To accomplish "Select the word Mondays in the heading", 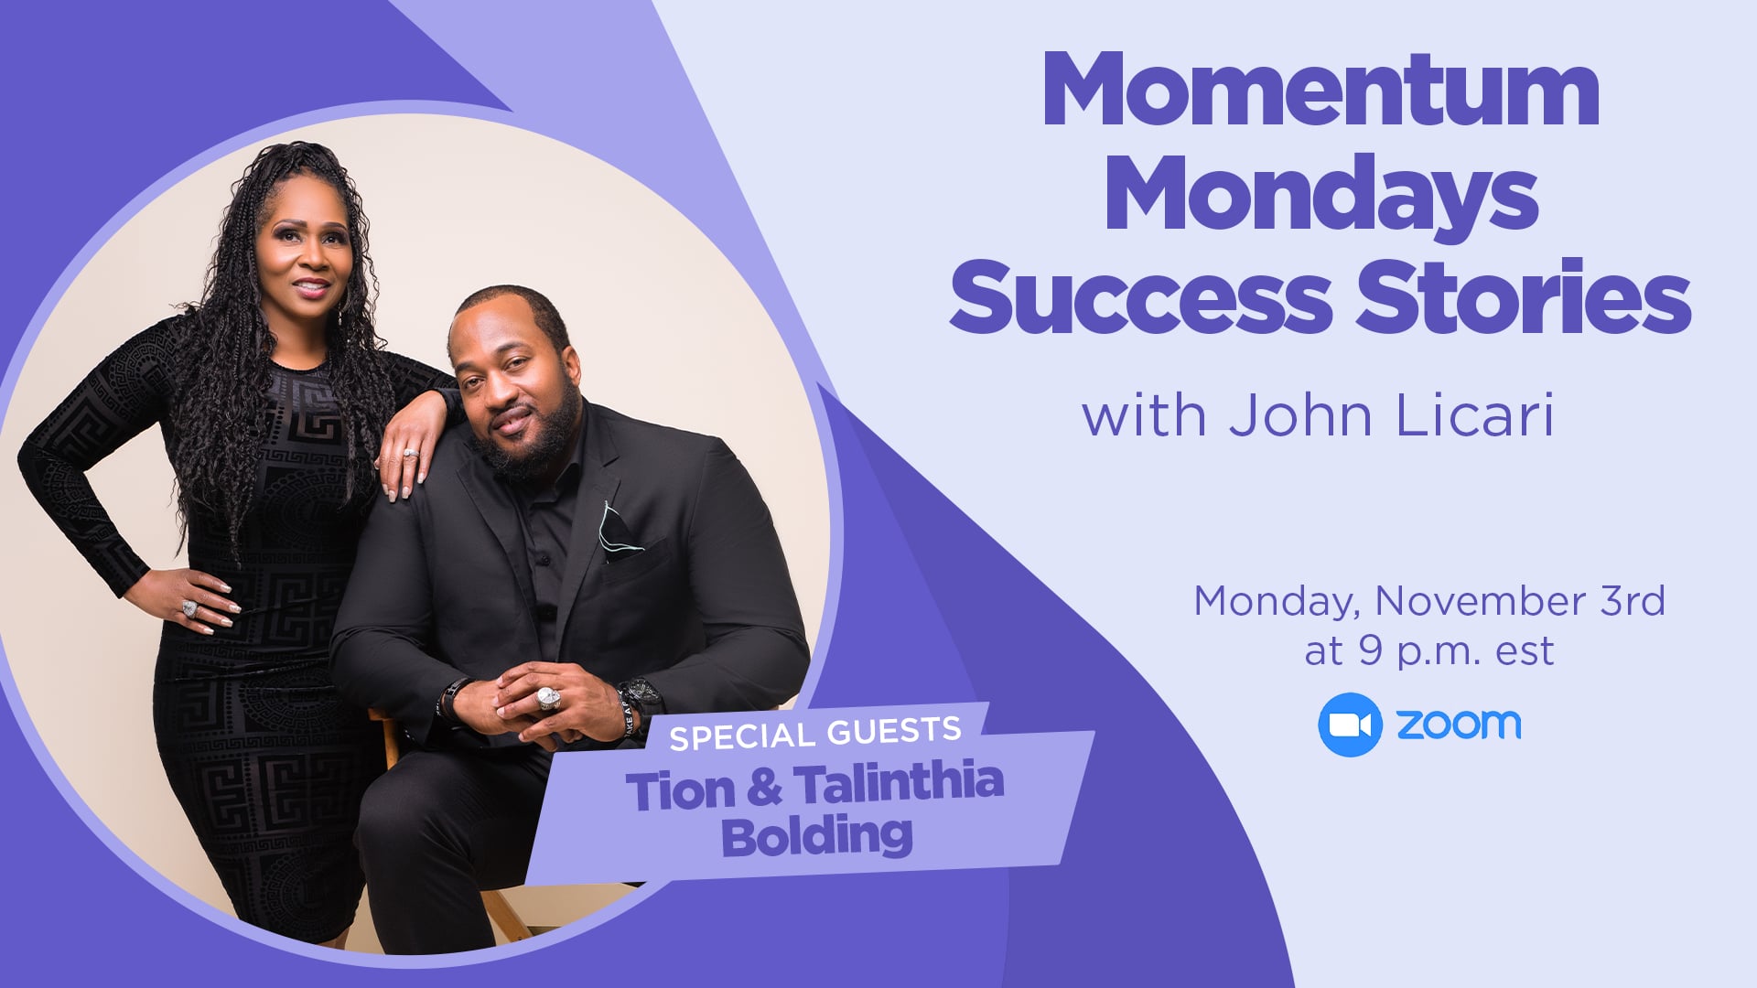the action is (1321, 194).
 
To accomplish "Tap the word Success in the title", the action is (1140, 296).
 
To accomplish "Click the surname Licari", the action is (1475, 415).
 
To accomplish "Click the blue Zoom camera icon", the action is (1350, 725).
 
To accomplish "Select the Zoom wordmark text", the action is (1459, 724).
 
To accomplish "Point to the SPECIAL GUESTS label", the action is (815, 733).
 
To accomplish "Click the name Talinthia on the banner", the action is (899, 784).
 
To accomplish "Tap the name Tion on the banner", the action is (681, 790).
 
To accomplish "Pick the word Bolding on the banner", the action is (817, 836).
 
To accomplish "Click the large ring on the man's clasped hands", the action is (547, 698).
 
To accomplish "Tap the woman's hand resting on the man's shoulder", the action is (415, 444).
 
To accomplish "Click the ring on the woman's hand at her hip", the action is (189, 608).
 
